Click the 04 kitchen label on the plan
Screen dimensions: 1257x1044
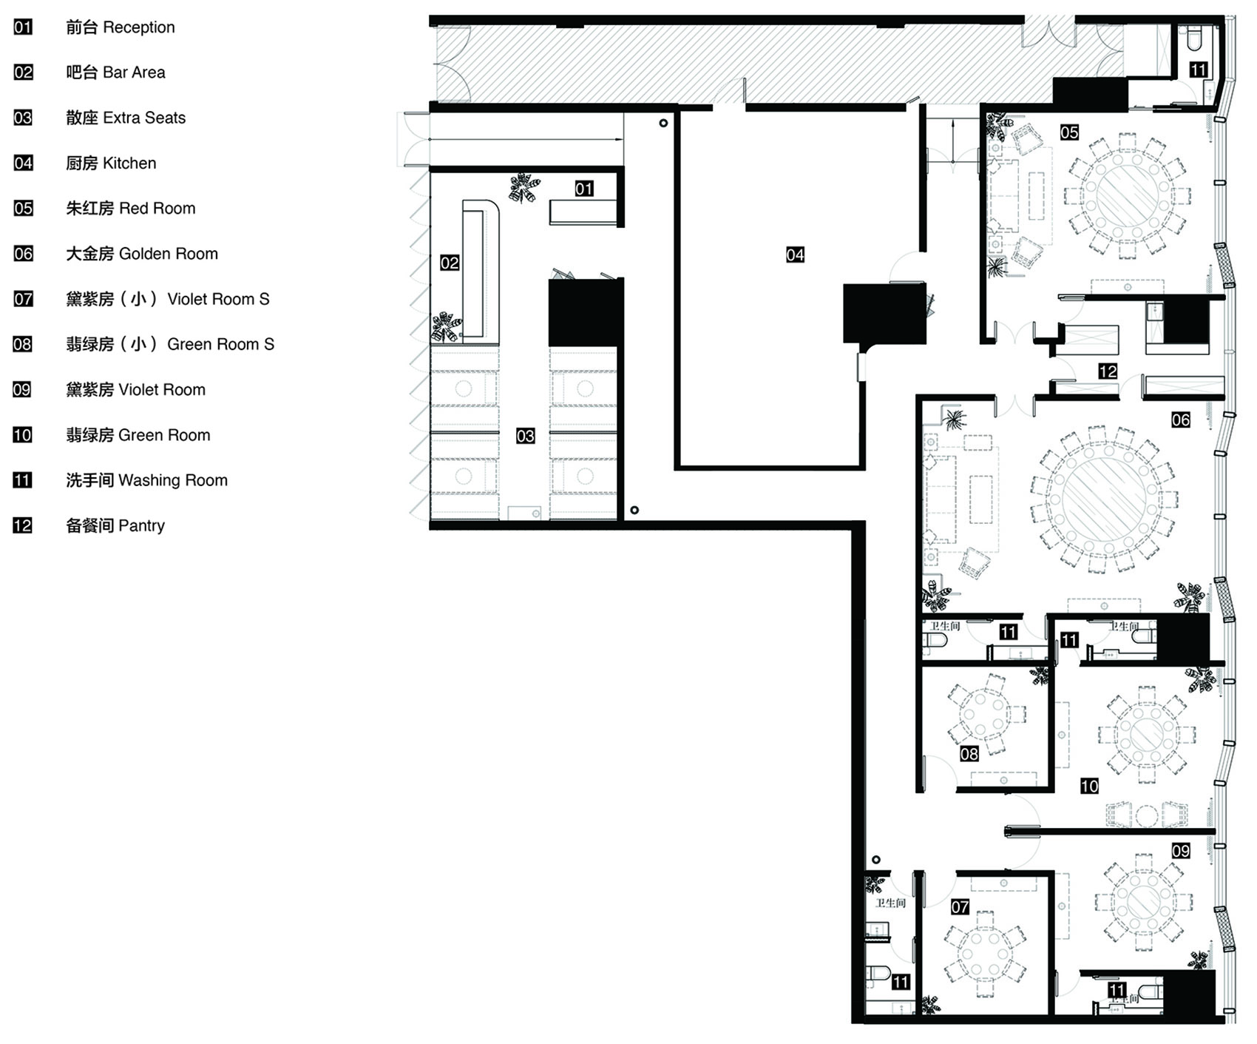(x=795, y=255)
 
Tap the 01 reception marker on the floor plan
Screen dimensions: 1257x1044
(x=584, y=189)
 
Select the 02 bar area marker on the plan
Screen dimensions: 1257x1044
(x=450, y=263)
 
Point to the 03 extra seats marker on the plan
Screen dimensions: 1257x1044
(x=525, y=436)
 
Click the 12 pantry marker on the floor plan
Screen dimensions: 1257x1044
(x=1108, y=371)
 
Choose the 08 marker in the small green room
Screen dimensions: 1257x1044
(x=969, y=754)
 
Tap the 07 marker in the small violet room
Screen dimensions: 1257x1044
(x=960, y=906)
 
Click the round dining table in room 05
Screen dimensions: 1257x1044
(x=1128, y=196)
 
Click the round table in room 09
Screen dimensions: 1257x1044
(x=1145, y=904)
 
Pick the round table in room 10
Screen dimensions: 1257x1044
(x=1147, y=734)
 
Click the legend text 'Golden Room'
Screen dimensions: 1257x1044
(x=169, y=254)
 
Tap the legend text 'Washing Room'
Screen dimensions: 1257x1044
(x=173, y=481)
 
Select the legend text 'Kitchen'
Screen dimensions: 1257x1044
(x=129, y=163)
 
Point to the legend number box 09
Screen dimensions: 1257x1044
(x=22, y=389)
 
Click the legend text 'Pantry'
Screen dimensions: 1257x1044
(x=141, y=526)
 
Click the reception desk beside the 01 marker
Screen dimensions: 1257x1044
(x=583, y=212)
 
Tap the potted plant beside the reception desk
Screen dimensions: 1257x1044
(x=524, y=188)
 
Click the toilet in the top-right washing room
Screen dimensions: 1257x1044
(x=1196, y=38)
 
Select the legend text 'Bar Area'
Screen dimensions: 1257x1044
(x=134, y=73)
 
